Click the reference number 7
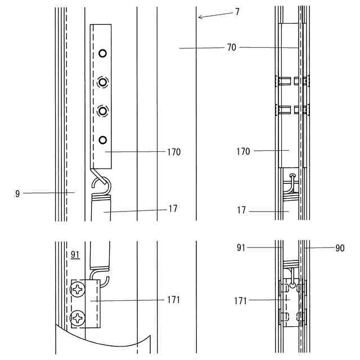click(237, 11)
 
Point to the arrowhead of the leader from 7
click(199, 18)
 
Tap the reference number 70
click(232, 48)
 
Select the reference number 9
click(18, 193)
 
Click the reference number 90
click(339, 248)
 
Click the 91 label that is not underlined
click(242, 246)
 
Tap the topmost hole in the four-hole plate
click(102, 53)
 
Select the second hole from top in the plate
click(102, 82)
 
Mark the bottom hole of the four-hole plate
click(102, 139)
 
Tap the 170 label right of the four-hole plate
click(174, 152)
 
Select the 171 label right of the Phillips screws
click(174, 300)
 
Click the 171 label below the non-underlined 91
click(241, 301)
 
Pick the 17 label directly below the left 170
click(173, 209)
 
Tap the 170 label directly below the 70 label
click(244, 151)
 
